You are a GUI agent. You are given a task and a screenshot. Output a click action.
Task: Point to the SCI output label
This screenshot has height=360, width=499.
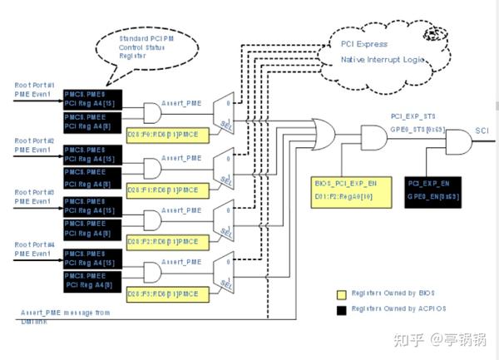[x=482, y=131]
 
